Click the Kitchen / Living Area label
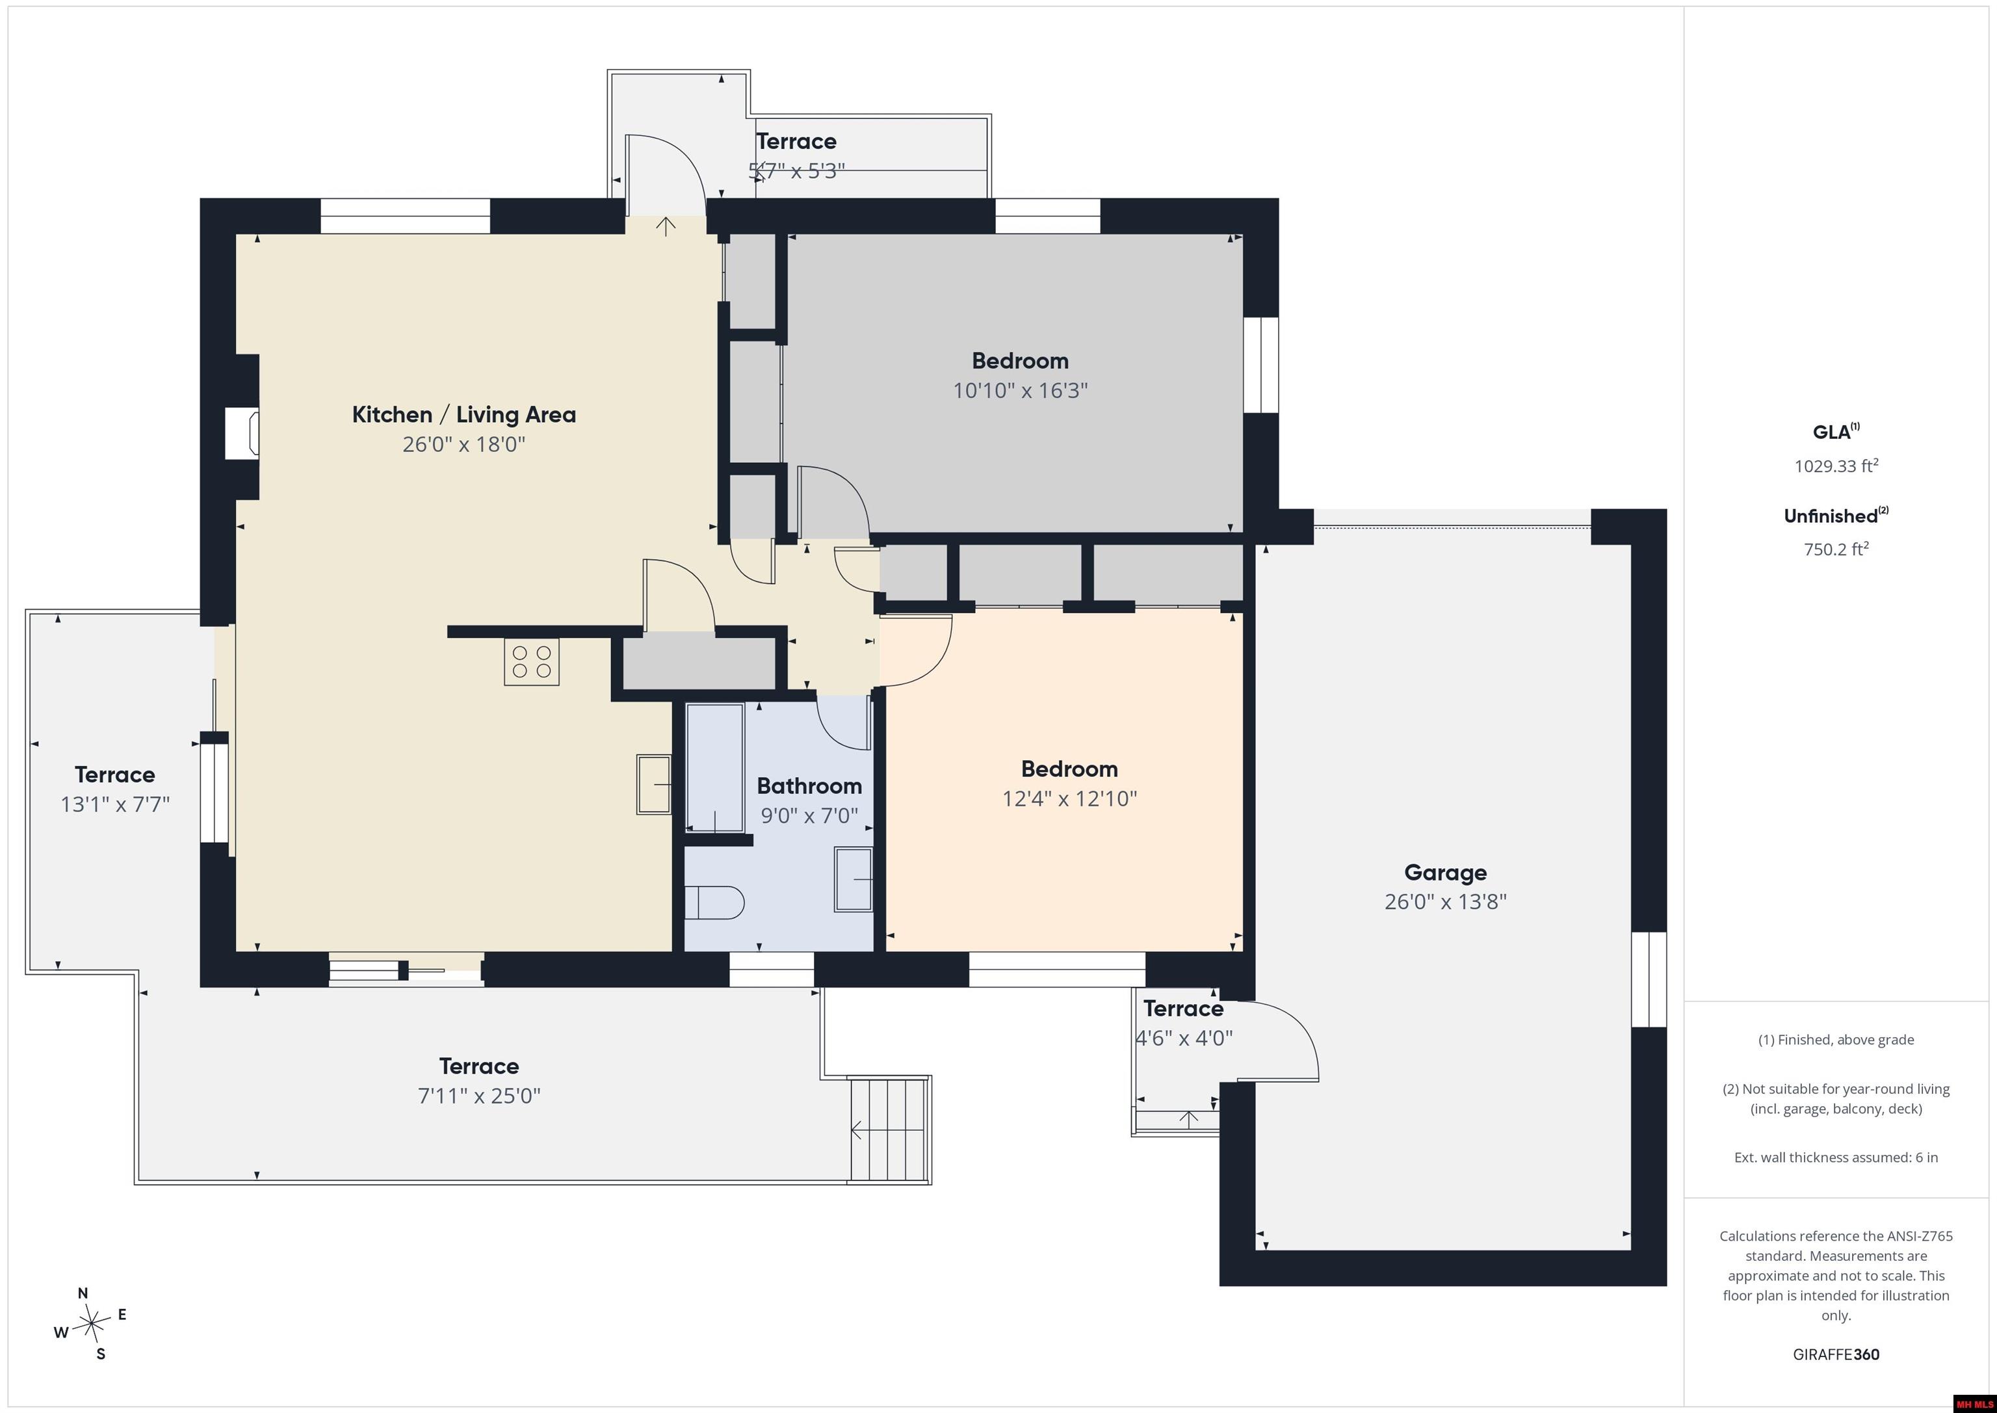click(x=463, y=415)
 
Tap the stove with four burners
click(x=532, y=662)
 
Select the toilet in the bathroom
click(x=714, y=903)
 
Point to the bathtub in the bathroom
click(x=715, y=767)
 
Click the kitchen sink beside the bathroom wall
click(x=654, y=784)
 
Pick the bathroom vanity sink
click(x=854, y=878)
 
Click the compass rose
click(x=90, y=1323)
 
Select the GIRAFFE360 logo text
click(x=1836, y=1354)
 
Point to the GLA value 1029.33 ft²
click(x=1836, y=466)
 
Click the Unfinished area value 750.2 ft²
click(x=1836, y=549)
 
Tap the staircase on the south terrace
click(x=889, y=1129)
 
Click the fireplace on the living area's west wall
click(x=242, y=433)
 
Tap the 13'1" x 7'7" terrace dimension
click(x=115, y=804)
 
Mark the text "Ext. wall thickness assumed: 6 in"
click(x=1836, y=1157)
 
